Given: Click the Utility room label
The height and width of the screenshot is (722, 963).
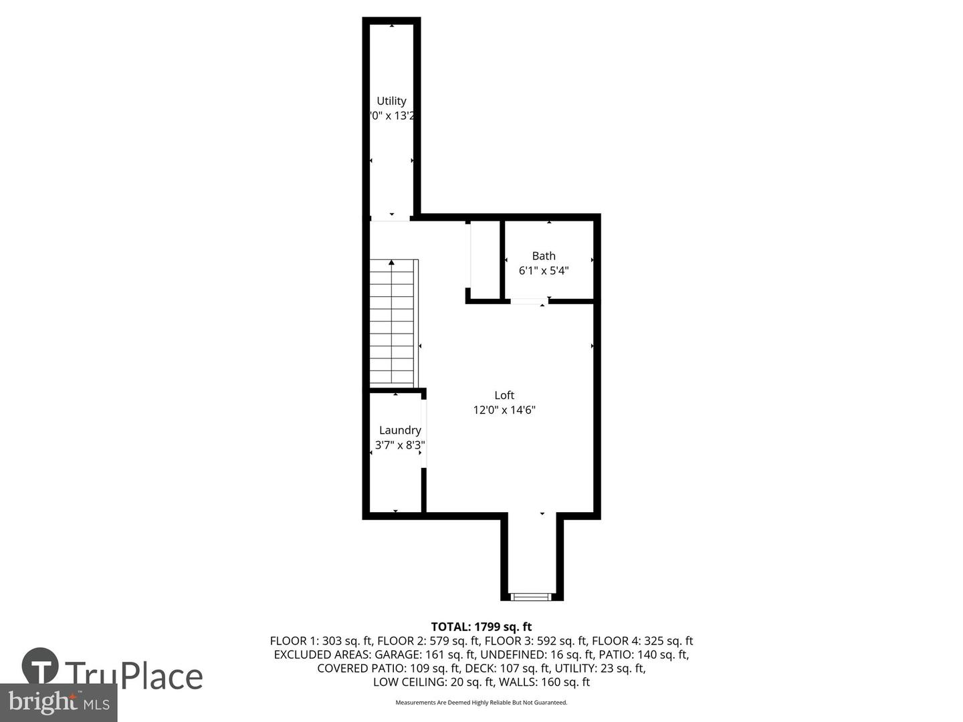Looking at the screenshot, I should [x=391, y=101].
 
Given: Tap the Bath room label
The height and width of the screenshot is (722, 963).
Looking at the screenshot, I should [x=544, y=255].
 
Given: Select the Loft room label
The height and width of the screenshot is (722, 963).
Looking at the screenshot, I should [x=504, y=395].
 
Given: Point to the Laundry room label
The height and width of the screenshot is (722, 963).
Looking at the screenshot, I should [x=400, y=430].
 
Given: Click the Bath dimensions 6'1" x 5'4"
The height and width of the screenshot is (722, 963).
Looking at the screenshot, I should [x=544, y=271].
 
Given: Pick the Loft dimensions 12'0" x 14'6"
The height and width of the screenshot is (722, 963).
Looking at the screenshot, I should [x=504, y=410].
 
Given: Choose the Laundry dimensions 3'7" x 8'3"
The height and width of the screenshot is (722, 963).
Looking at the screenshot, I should [x=400, y=445].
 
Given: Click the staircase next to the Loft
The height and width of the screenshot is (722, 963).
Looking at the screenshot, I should [x=393, y=322].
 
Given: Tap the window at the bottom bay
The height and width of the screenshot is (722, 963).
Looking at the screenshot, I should [x=531, y=596].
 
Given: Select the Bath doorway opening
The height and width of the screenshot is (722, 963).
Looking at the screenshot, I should [x=529, y=302].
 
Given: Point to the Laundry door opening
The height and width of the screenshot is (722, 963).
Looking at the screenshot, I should [x=423, y=433].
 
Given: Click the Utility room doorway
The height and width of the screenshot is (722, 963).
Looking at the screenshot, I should [x=391, y=218].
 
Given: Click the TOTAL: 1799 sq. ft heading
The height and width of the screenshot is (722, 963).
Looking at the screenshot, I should [x=481, y=627].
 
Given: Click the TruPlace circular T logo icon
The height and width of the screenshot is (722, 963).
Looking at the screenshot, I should [x=40, y=666].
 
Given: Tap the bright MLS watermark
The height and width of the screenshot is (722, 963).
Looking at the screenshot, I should [x=58, y=702].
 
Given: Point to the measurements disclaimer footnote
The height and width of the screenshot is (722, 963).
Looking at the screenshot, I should [x=481, y=703].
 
